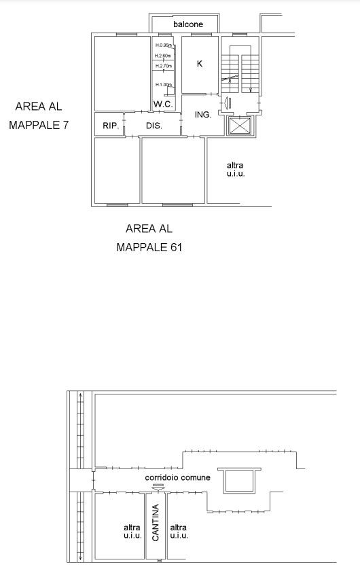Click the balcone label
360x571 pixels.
pyautogui.click(x=188, y=24)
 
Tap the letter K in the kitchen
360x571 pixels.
pyautogui.click(x=200, y=64)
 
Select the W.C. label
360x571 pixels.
pyautogui.click(x=163, y=104)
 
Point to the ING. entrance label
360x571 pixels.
pyautogui.click(x=203, y=115)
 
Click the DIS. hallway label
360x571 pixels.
pyautogui.click(x=154, y=126)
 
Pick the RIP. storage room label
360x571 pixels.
pyautogui.click(x=111, y=126)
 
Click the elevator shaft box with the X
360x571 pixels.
pyautogui.click(x=240, y=126)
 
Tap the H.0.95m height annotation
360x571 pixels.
pyautogui.click(x=163, y=45)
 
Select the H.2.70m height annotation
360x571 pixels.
pyautogui.click(x=163, y=66)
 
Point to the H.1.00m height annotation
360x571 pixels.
pyautogui.click(x=163, y=84)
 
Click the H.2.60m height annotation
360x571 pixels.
pyautogui.click(x=163, y=56)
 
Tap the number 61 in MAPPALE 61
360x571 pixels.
pyautogui.click(x=176, y=248)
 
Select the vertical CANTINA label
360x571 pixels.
pyautogui.click(x=156, y=523)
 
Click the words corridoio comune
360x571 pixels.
pyautogui.click(x=177, y=477)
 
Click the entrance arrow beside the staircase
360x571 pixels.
pyautogui.click(x=228, y=103)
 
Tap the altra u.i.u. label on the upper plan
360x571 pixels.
pyautogui.click(x=236, y=169)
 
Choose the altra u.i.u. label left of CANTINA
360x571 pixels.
pyautogui.click(x=132, y=532)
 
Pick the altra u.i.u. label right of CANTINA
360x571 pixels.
pyautogui.click(x=179, y=532)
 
